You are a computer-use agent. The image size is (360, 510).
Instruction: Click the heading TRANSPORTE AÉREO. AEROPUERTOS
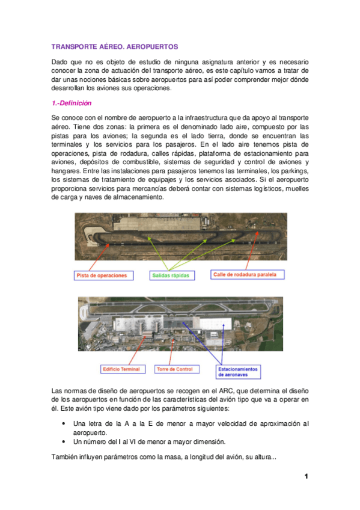point(115,46)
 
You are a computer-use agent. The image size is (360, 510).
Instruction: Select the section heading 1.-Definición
point(72,103)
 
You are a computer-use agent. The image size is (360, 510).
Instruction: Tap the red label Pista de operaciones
point(102,275)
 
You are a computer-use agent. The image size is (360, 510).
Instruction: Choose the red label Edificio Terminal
point(121,369)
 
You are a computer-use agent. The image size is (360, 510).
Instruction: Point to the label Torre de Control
point(174,369)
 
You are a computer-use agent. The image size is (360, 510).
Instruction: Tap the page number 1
point(306,477)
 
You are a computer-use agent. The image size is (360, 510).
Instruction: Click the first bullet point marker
point(64,424)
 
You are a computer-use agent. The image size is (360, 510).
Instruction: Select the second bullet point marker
point(64,441)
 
